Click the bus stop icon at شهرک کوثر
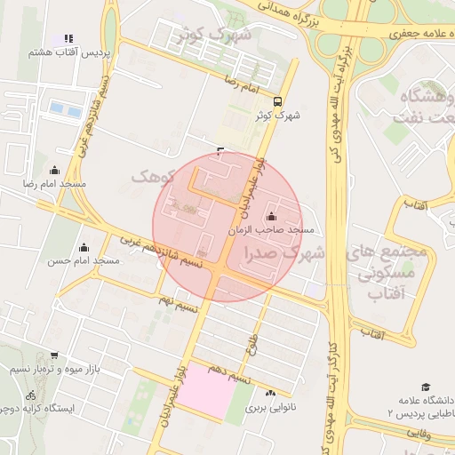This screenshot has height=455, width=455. point(278,101)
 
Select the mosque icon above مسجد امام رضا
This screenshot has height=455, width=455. point(55,170)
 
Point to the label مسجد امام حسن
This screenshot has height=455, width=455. point(84,260)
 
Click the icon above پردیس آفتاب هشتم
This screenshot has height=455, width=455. point(68,39)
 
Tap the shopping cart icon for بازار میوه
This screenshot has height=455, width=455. point(54,355)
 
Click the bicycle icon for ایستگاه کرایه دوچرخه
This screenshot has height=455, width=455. point(31,395)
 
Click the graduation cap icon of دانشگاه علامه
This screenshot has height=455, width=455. point(426,387)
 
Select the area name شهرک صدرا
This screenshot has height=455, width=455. point(286,253)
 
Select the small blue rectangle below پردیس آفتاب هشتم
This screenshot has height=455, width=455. point(61,110)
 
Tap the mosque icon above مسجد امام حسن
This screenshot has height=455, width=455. point(84,247)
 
